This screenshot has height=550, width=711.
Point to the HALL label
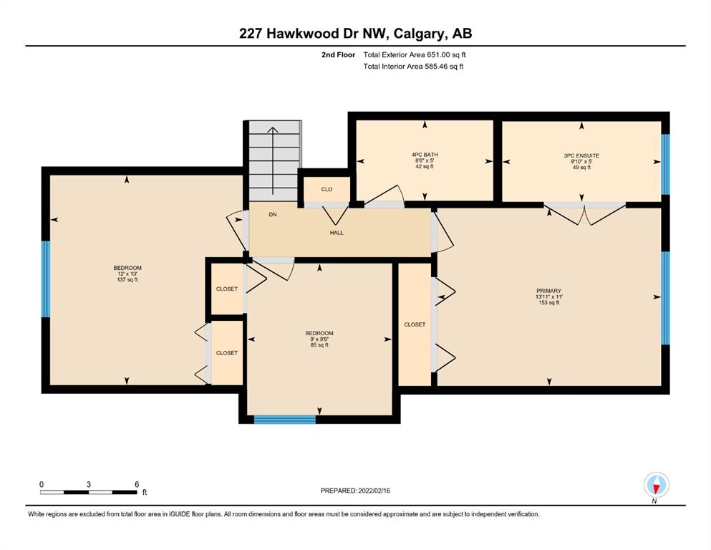coord(337,233)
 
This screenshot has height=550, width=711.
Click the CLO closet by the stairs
coord(327,189)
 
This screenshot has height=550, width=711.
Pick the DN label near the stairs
coord(273,214)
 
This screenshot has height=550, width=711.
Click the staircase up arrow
coord(273,160)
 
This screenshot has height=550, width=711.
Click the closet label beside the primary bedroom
coord(415,324)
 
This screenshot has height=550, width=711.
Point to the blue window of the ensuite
coord(665,164)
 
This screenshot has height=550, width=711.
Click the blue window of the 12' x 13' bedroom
coord(46,279)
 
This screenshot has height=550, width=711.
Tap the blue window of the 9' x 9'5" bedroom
coord(285,420)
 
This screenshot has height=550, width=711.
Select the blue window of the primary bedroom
coord(665,298)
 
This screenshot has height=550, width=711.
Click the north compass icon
coord(656,486)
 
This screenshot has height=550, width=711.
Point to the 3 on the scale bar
coord(88,484)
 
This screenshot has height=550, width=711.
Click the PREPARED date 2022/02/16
coord(374,491)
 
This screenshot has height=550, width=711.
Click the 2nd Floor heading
coord(338,55)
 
